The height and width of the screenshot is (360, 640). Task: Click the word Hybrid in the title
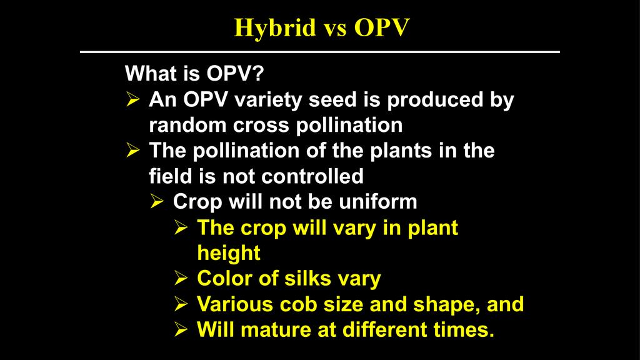(275, 28)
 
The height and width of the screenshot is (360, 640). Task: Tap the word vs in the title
(335, 29)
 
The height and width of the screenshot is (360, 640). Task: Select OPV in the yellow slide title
(382, 27)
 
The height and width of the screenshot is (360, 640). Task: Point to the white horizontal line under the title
(319, 52)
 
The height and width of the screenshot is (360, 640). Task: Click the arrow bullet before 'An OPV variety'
(132, 99)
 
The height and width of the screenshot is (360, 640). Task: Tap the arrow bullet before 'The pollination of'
(132, 150)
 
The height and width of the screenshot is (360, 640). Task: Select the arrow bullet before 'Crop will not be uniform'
(157, 201)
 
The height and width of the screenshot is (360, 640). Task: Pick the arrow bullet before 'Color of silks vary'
(181, 278)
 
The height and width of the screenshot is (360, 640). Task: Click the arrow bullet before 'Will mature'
(181, 329)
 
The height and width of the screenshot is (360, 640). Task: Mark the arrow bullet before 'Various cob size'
(181, 304)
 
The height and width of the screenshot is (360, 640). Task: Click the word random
(187, 125)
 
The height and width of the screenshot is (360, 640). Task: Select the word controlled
(312, 176)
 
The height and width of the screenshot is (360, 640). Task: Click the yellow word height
(229, 254)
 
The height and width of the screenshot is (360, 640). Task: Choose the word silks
(307, 278)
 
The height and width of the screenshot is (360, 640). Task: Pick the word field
(171, 176)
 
